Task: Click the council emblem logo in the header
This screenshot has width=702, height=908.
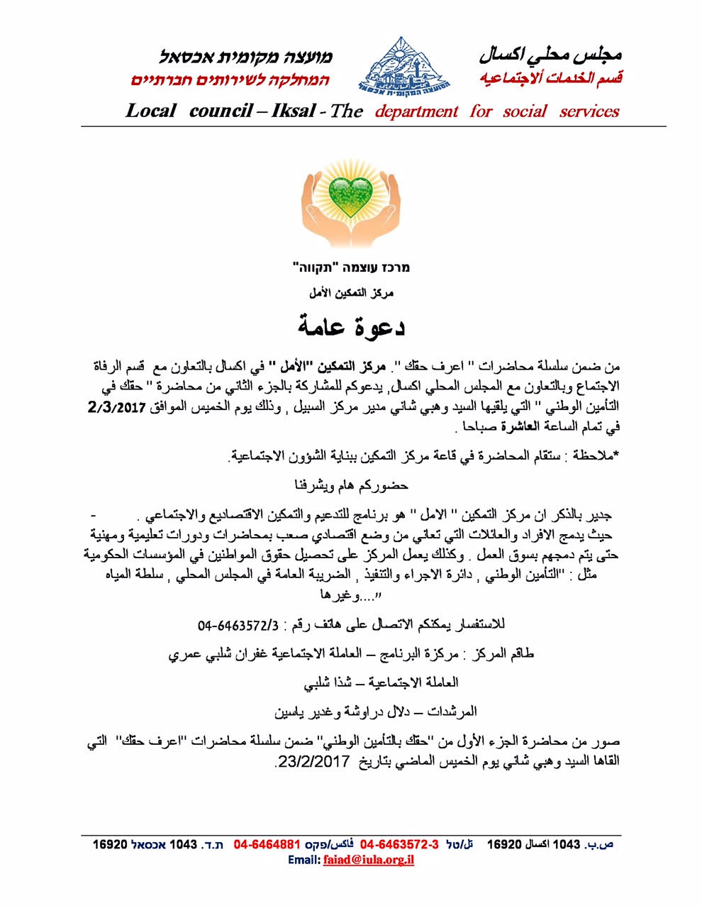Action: [402, 65]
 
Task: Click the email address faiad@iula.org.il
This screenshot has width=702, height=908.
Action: [368, 860]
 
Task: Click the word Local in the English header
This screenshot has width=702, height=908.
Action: [150, 111]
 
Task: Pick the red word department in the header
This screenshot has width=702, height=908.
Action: [417, 111]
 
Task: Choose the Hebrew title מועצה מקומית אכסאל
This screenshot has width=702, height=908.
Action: [245, 57]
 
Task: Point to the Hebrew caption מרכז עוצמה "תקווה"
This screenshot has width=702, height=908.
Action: [351, 267]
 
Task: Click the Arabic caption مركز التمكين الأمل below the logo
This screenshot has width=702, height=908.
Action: [351, 292]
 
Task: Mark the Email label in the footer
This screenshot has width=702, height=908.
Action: [304, 860]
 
